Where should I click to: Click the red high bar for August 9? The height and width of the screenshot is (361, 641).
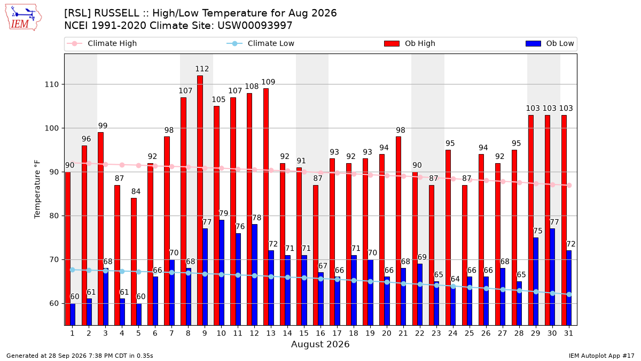(200, 200)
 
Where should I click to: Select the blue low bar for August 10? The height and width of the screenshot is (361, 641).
(222, 272)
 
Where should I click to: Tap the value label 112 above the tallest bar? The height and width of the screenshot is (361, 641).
(202, 69)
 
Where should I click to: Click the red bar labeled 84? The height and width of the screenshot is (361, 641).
(134, 262)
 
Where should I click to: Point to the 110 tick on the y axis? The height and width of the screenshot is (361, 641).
(51, 85)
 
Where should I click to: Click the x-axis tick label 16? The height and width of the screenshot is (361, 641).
(320, 333)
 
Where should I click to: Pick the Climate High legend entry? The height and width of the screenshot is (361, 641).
(101, 43)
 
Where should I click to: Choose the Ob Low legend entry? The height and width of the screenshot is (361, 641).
(550, 43)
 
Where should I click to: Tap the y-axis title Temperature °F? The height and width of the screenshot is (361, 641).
(37, 189)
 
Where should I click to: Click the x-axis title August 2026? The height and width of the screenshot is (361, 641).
(320, 344)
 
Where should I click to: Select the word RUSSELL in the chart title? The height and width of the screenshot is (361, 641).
(117, 13)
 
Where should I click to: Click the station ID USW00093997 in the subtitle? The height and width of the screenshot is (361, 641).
(255, 26)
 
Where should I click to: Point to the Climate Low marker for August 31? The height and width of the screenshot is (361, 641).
(569, 295)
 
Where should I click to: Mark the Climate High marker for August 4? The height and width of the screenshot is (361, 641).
(122, 165)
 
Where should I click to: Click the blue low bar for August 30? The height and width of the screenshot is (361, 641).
(552, 277)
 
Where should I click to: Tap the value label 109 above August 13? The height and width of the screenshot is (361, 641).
(268, 82)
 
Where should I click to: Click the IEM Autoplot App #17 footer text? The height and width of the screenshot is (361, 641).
(601, 356)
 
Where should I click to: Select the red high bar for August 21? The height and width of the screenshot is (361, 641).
(398, 231)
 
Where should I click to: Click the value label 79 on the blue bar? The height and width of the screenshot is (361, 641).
(223, 213)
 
